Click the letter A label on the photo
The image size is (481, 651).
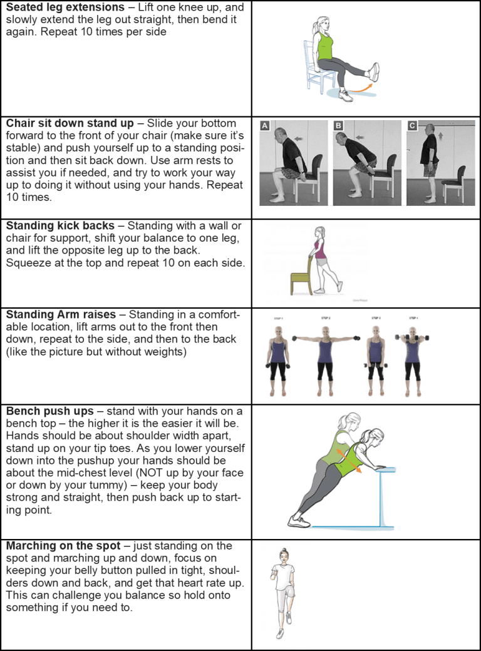click(265, 126)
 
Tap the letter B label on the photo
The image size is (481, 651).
click(339, 126)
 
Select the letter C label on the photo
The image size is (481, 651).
click(411, 126)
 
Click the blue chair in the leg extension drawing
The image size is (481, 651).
click(313, 66)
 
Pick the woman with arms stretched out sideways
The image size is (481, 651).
click(324, 357)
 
